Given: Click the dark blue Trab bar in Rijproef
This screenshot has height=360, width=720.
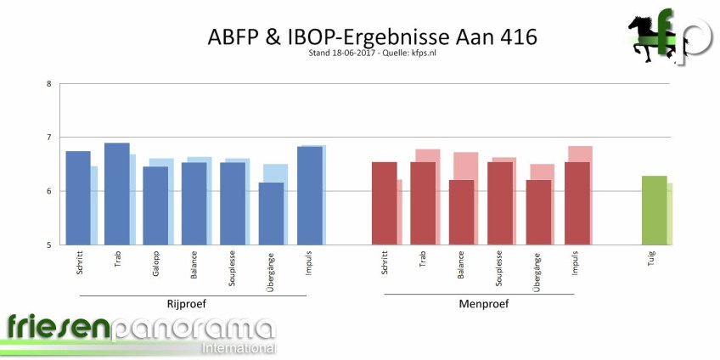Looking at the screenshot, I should tap(116, 194).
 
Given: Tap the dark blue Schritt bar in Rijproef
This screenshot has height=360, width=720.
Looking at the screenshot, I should tap(78, 198).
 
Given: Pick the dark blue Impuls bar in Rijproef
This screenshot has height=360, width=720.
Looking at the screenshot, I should tap(309, 195).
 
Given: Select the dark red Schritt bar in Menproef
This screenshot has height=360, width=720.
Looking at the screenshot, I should tap(384, 204).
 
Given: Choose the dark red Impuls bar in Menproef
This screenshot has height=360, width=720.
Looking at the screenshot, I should tap(577, 204).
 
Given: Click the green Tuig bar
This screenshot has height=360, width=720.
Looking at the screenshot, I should tap(654, 211).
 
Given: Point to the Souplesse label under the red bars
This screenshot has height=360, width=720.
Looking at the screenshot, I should tap(500, 270).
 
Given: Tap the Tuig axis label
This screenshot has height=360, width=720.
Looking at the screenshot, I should tap(652, 258).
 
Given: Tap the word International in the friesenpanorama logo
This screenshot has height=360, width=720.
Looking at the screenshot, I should tap(238, 349).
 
